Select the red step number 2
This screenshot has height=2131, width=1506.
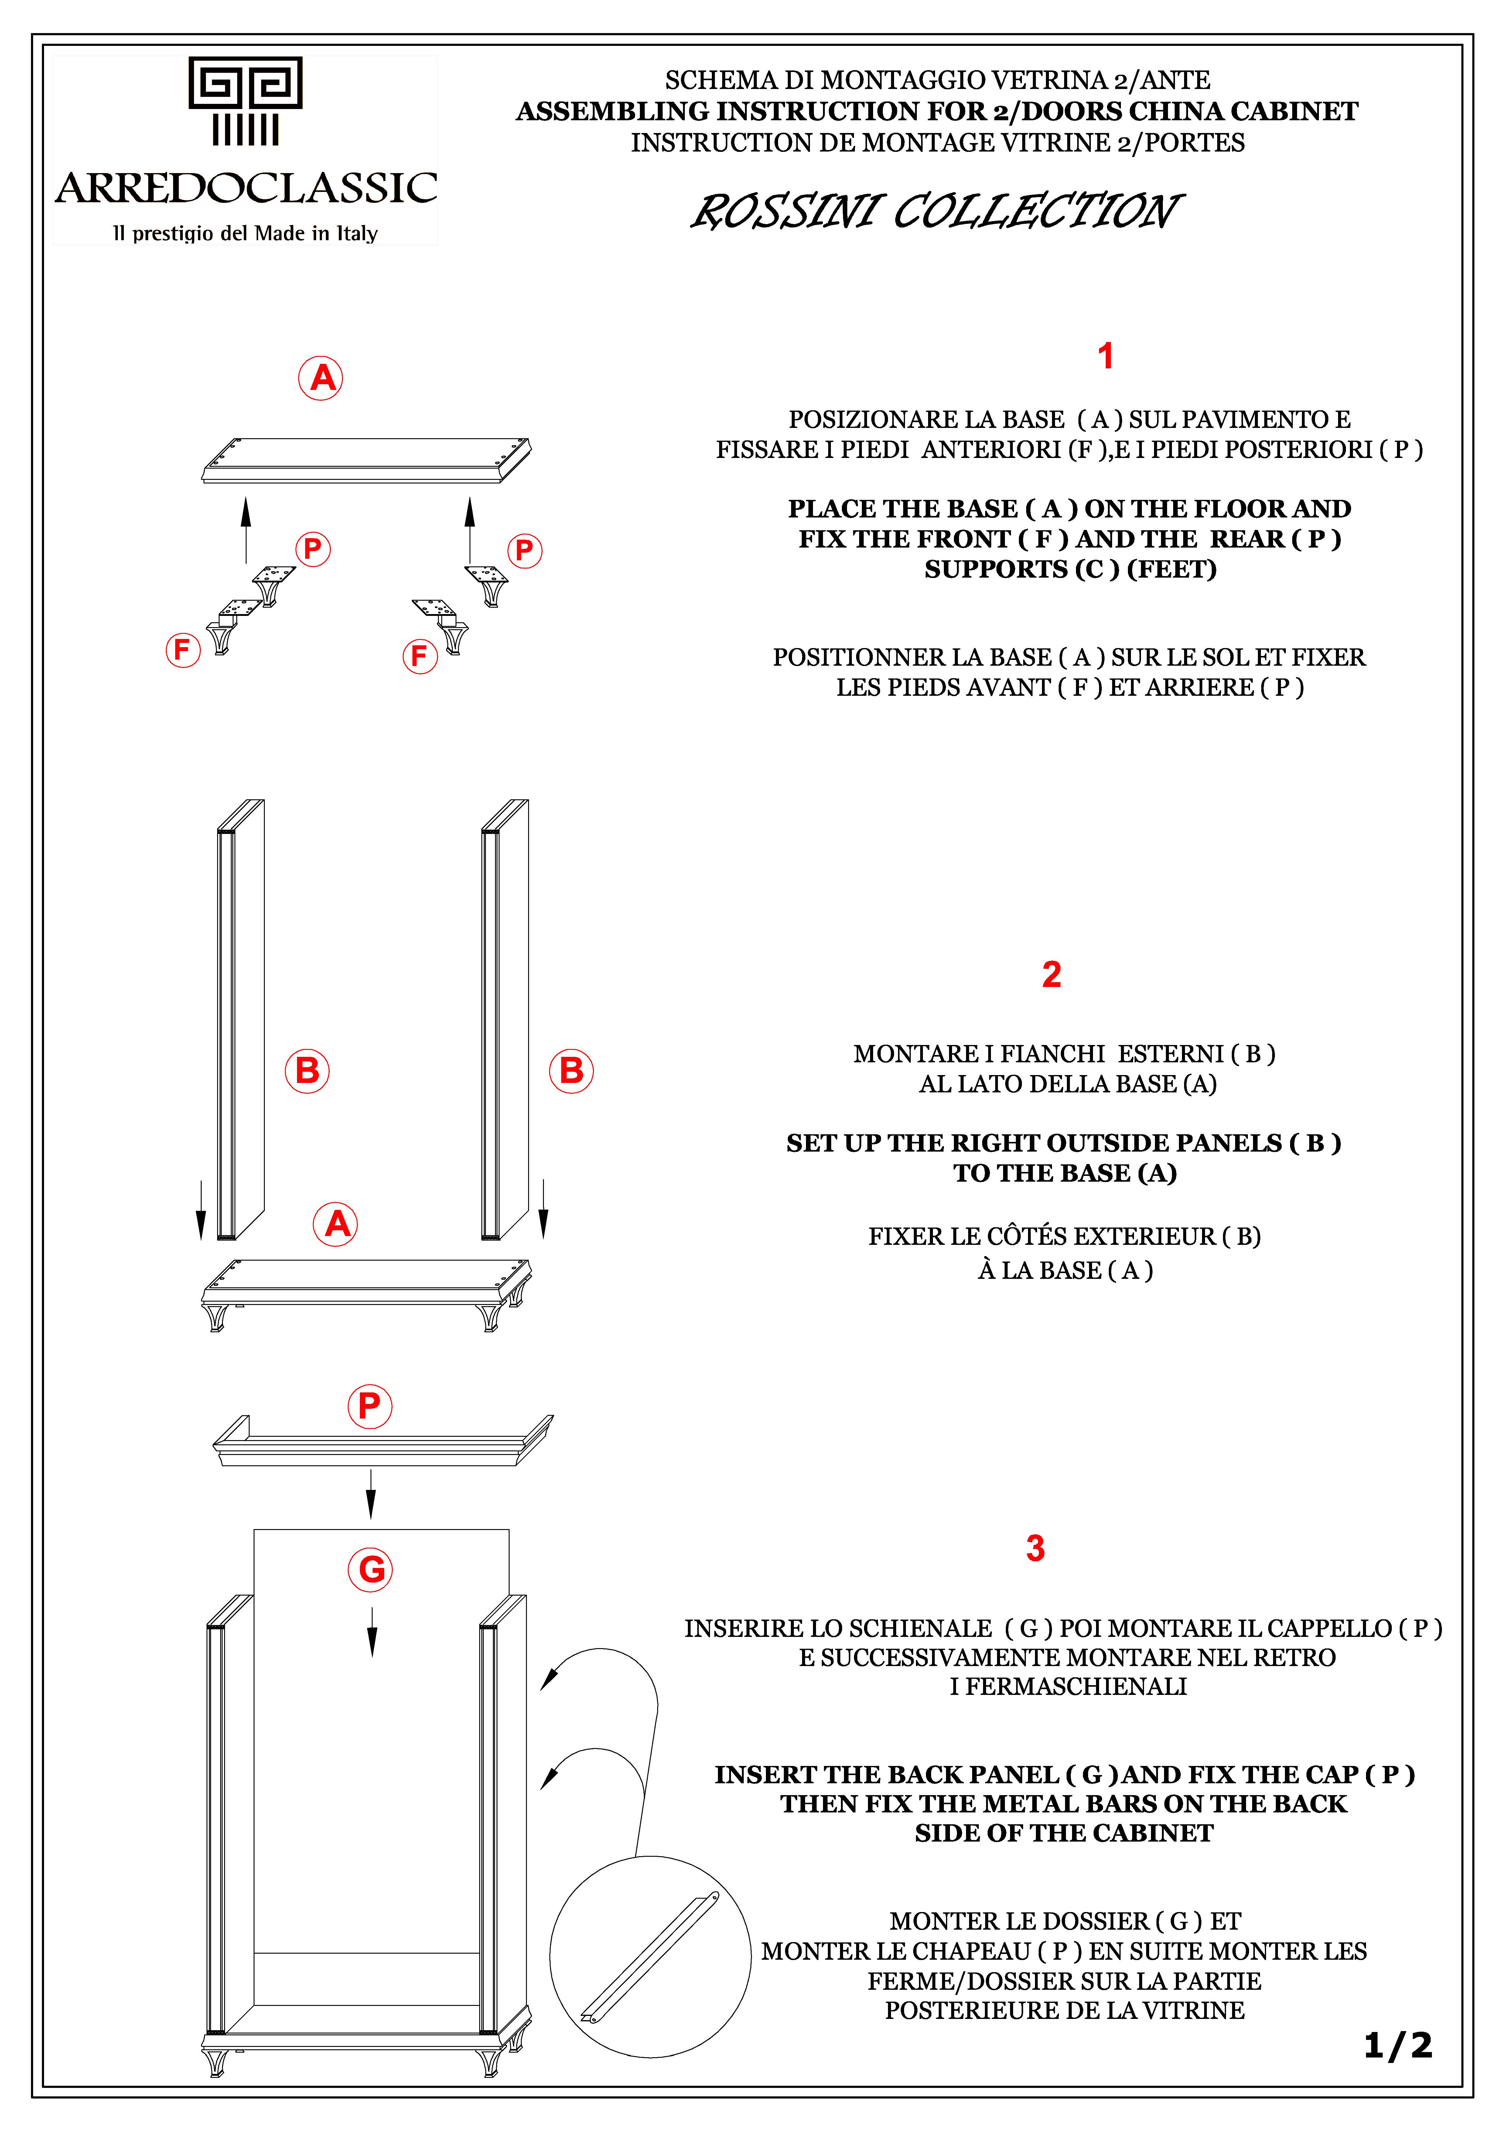point(1051,975)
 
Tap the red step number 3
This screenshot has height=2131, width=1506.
point(1036,1548)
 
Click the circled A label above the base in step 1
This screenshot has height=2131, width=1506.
point(321,378)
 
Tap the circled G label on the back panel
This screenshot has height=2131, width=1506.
point(370,1569)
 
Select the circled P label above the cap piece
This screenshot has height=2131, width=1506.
point(369,1406)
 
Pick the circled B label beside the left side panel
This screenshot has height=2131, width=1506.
point(307,1071)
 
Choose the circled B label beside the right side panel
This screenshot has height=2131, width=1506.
point(572,1071)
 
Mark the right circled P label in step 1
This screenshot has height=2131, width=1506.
point(524,550)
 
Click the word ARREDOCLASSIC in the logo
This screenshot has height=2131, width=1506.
point(246,188)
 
